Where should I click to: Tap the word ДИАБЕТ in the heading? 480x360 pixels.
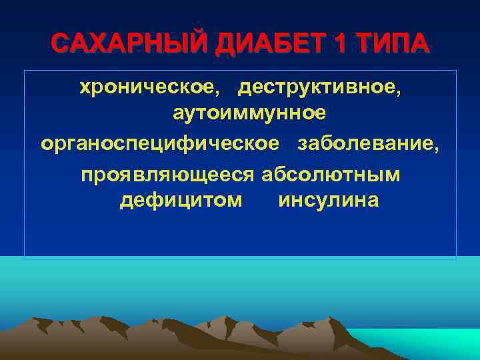tap(250, 43)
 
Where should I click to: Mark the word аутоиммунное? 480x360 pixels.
tap(249, 114)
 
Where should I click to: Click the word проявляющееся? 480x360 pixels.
tap(167, 175)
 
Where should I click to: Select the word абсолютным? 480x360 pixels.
tap(331, 175)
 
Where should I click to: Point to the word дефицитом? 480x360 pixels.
tap(181, 201)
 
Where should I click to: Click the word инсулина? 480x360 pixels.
tap(329, 201)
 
